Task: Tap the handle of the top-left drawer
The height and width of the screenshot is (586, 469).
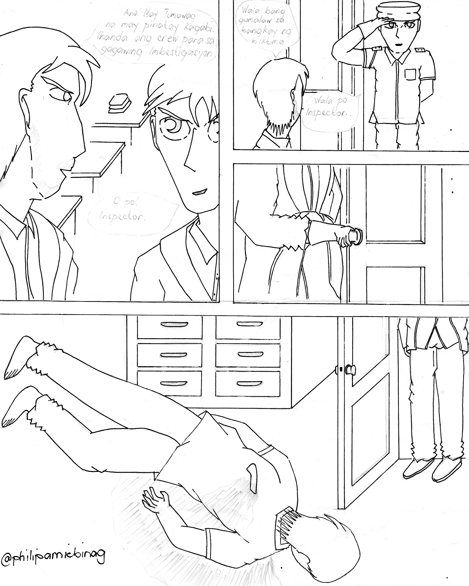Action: click(x=170, y=324)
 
